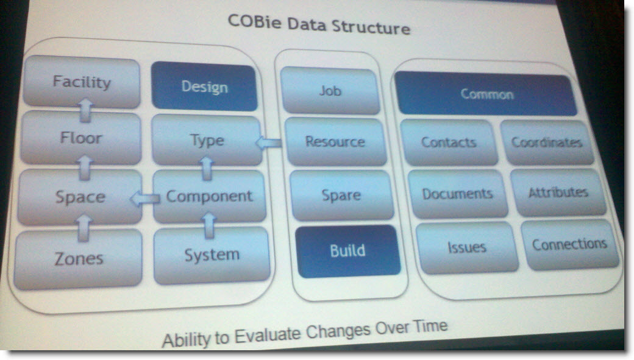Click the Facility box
click(x=82, y=82)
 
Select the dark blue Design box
click(x=204, y=86)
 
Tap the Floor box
click(x=81, y=138)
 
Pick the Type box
click(x=207, y=140)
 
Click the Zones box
click(x=79, y=259)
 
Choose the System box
click(x=212, y=255)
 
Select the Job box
click(x=330, y=91)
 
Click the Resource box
click(x=335, y=142)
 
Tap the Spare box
click(x=341, y=195)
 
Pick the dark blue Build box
click(x=347, y=251)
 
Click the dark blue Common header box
click(x=486, y=94)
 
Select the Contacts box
click(x=449, y=142)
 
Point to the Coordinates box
click(x=547, y=142)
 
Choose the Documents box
click(x=457, y=194)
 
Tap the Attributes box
click(x=558, y=192)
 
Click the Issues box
click(x=467, y=247)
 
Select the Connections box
click(x=570, y=244)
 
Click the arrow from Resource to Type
click(x=268, y=143)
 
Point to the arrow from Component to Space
click(x=144, y=199)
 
